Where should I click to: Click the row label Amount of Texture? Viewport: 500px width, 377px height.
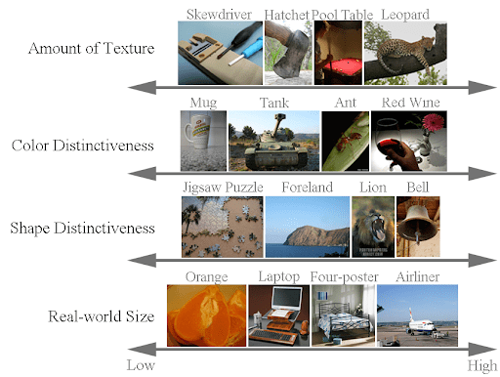click(x=91, y=49)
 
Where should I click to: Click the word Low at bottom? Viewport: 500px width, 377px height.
click(x=142, y=365)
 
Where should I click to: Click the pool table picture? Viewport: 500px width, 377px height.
click(x=337, y=53)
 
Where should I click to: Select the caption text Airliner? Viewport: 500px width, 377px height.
click(x=417, y=277)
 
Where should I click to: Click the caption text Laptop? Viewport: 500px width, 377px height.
click(x=279, y=277)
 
